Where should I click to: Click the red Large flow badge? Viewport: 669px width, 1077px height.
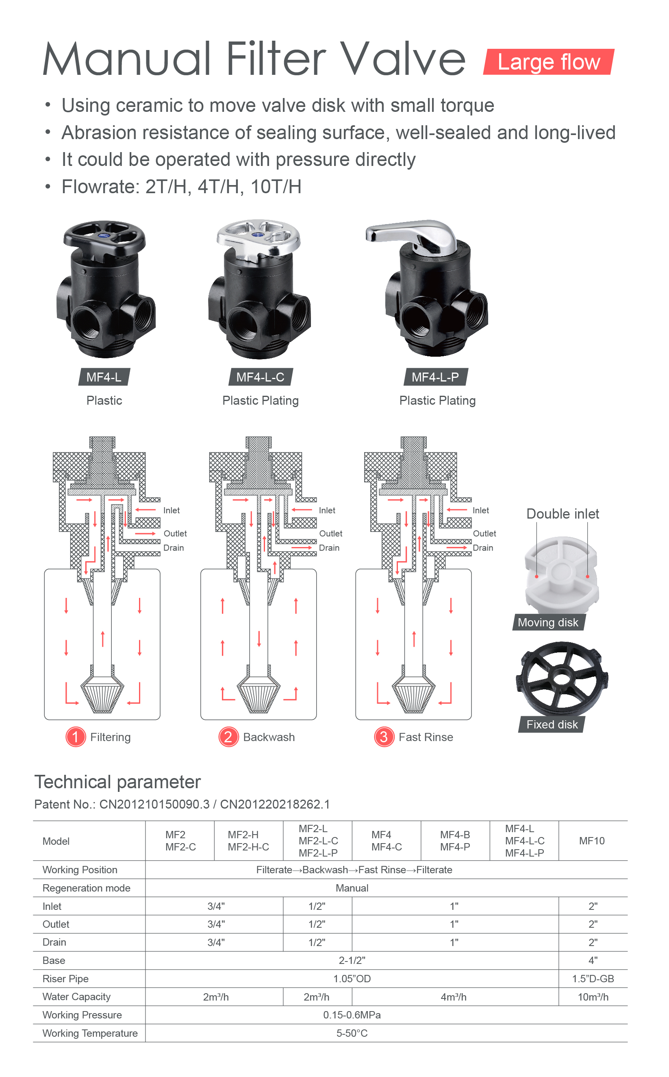point(549,61)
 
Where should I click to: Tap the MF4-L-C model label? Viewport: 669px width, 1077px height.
point(261,377)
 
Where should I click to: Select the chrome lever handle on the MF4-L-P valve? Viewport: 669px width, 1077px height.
point(411,235)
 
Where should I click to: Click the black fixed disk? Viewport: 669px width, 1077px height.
point(562,678)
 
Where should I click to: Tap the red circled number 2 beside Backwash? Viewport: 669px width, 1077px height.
point(228,737)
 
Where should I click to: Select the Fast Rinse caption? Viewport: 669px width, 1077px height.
point(426,737)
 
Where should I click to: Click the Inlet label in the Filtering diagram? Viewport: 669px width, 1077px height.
point(172,510)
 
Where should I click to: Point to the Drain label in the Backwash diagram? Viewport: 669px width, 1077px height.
point(329,547)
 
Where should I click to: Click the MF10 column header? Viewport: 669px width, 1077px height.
point(592,841)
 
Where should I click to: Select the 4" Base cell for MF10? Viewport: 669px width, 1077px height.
point(593,960)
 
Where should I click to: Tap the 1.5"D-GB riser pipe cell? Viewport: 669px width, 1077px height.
point(593,978)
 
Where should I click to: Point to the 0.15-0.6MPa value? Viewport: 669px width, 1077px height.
point(352,1015)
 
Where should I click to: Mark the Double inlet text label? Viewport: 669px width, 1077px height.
point(563,514)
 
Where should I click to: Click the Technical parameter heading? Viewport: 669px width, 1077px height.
point(118,782)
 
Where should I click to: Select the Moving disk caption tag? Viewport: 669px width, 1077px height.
point(548,622)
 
